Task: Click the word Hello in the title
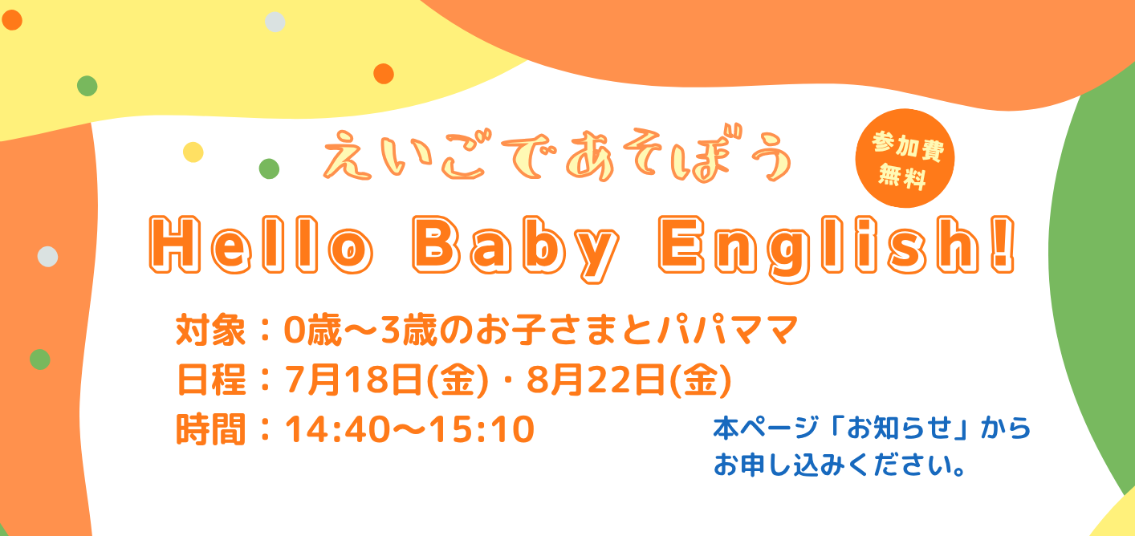261,246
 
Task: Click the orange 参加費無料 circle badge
905,158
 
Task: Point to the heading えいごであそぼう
556,154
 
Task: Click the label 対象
211,330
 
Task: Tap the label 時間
211,429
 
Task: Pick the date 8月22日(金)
629,380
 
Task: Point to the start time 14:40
337,429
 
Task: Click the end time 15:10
482,429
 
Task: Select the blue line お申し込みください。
840,465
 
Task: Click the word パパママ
728,330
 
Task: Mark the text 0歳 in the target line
312,330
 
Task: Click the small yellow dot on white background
193,152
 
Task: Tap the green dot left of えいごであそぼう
269,169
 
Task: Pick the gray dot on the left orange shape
47,256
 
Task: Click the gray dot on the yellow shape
275,22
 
